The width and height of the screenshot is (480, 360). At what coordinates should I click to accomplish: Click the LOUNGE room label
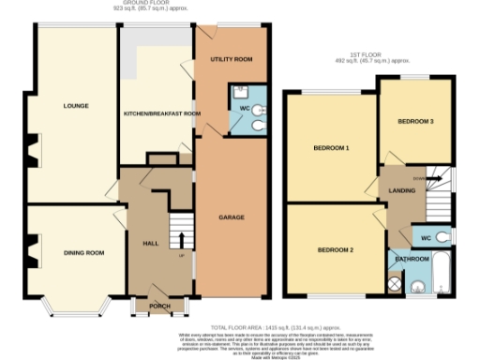pos(75,105)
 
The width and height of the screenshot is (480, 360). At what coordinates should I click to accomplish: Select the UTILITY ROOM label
pos(231,58)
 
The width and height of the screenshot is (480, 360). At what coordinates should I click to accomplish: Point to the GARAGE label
pos(232,217)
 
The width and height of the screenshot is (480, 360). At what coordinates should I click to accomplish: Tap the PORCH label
pos(153,304)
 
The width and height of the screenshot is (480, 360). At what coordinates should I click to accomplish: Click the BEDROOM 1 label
pos(331,148)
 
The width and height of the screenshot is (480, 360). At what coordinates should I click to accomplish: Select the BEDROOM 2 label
pos(335,249)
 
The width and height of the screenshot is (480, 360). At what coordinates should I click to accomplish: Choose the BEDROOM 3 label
pos(414,122)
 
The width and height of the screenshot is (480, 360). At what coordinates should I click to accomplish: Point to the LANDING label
pos(401,190)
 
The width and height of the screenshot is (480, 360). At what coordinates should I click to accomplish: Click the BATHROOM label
pos(411,257)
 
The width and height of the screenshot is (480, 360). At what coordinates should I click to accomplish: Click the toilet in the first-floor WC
pos(442,235)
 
